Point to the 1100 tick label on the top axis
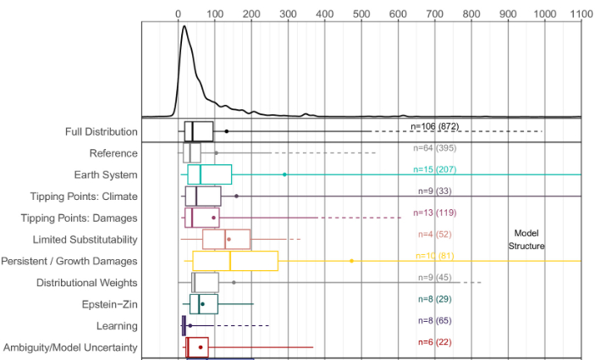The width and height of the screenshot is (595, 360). [x=581, y=14]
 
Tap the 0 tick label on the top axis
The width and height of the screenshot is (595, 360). [x=178, y=14]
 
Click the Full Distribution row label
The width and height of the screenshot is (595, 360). [x=101, y=132]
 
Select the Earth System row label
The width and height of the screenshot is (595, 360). [x=106, y=174]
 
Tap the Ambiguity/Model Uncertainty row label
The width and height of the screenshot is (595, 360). [x=70, y=347]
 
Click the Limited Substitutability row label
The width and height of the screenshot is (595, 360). [x=85, y=240]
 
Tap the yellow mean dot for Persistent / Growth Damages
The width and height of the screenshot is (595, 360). [x=352, y=261]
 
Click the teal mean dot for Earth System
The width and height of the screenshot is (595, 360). [x=284, y=174]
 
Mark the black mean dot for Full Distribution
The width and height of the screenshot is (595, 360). [x=227, y=131]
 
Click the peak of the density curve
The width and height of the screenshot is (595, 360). [x=184, y=26]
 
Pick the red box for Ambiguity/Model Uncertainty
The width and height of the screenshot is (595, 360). [x=197, y=347]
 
